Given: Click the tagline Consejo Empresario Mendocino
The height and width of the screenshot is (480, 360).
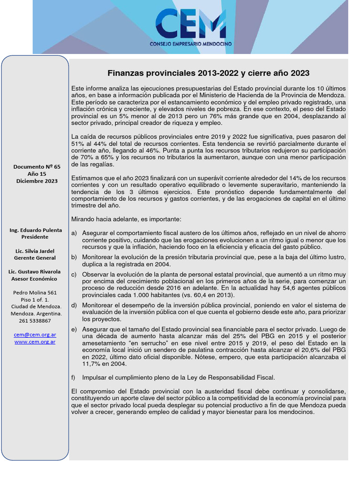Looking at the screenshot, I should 190,44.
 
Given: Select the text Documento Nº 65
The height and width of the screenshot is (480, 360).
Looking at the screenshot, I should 37,166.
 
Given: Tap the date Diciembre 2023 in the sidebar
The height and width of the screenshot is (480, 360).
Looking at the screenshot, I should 37,181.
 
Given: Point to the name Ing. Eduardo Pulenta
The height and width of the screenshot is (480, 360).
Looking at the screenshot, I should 35,230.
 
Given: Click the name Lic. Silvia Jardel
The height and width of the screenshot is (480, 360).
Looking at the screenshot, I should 35,251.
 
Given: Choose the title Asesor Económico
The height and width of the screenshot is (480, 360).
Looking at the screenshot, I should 35,279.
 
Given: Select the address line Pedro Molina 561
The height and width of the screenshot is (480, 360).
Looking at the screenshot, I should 35,292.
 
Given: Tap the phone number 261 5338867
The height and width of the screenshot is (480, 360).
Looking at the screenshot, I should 35,321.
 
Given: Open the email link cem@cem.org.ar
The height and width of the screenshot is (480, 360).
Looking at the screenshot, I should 35,335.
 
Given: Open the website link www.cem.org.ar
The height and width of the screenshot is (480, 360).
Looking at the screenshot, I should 35,342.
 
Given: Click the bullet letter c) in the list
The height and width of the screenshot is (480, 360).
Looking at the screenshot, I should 74,274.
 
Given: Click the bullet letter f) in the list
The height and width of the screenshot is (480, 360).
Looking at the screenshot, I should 74,377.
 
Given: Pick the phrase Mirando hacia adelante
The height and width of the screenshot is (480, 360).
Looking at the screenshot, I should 102,219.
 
